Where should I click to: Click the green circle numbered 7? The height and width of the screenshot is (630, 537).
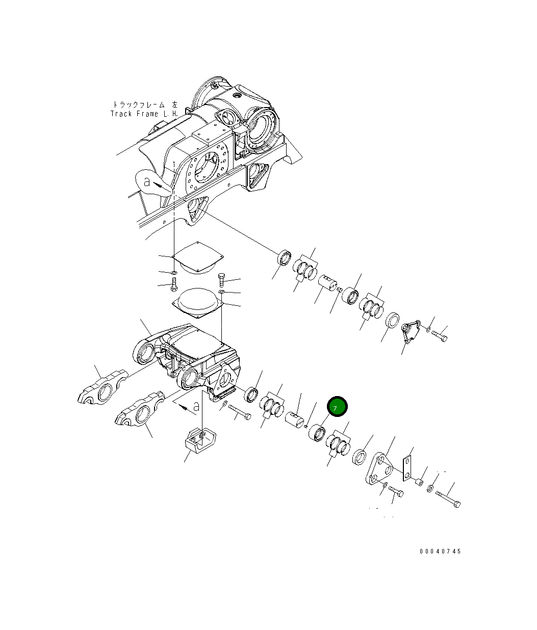pyautogui.click(x=337, y=407)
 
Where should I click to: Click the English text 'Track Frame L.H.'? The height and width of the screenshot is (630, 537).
pyautogui.click(x=144, y=114)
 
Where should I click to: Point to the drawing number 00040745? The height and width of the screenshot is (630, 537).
pyautogui.click(x=440, y=552)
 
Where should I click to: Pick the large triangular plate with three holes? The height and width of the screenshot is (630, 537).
pyautogui.click(x=380, y=469)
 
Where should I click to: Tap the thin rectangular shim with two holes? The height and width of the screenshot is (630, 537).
pyautogui.click(x=406, y=468)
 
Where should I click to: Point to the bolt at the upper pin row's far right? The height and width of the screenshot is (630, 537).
pyautogui.click(x=440, y=336)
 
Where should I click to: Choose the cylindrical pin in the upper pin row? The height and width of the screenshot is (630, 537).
pyautogui.click(x=328, y=283)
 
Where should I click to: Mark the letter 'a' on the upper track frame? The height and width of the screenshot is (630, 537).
pyautogui.click(x=147, y=181)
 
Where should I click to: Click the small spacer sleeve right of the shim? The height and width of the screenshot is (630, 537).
pyautogui.click(x=419, y=481)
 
